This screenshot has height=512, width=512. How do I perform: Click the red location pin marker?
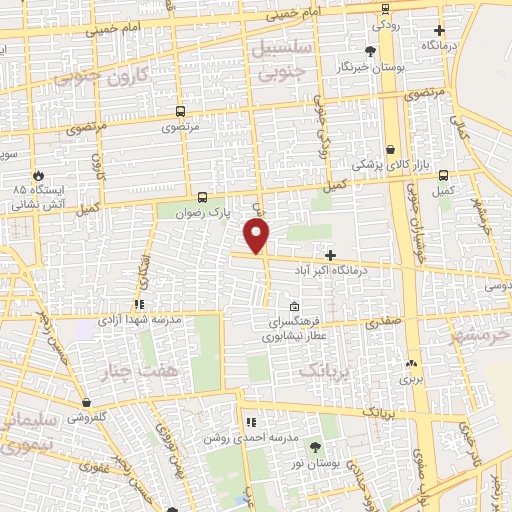[x=257, y=235]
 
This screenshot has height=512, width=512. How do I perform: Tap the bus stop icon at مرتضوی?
[x=181, y=112]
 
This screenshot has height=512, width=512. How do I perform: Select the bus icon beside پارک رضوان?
[x=203, y=197]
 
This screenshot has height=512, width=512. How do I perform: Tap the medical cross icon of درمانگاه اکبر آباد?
[x=331, y=255]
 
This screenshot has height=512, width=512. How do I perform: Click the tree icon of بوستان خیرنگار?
[x=370, y=50]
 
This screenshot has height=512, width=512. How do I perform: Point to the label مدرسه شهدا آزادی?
[x=138, y=319]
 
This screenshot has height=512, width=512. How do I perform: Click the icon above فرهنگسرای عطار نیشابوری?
[x=293, y=307]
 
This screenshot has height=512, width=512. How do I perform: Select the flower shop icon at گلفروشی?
[x=87, y=403]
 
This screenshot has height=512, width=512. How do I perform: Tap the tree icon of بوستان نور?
[x=316, y=447]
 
